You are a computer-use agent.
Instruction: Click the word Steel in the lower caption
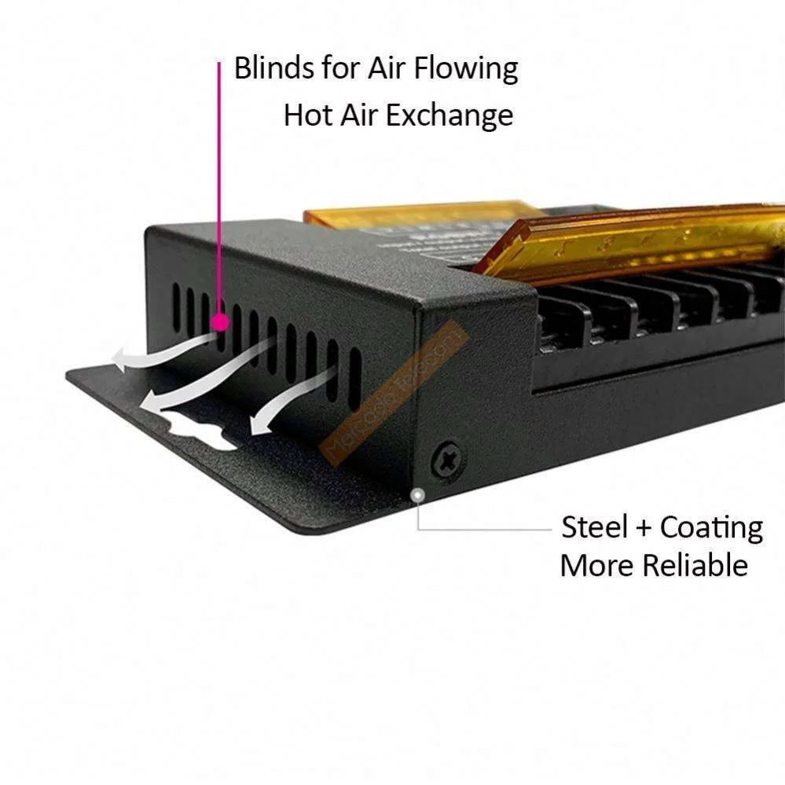tap(595, 527)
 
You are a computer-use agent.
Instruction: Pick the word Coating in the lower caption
tap(711, 528)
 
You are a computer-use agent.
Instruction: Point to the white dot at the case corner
tap(419, 495)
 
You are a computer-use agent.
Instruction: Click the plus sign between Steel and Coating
tap(644, 528)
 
